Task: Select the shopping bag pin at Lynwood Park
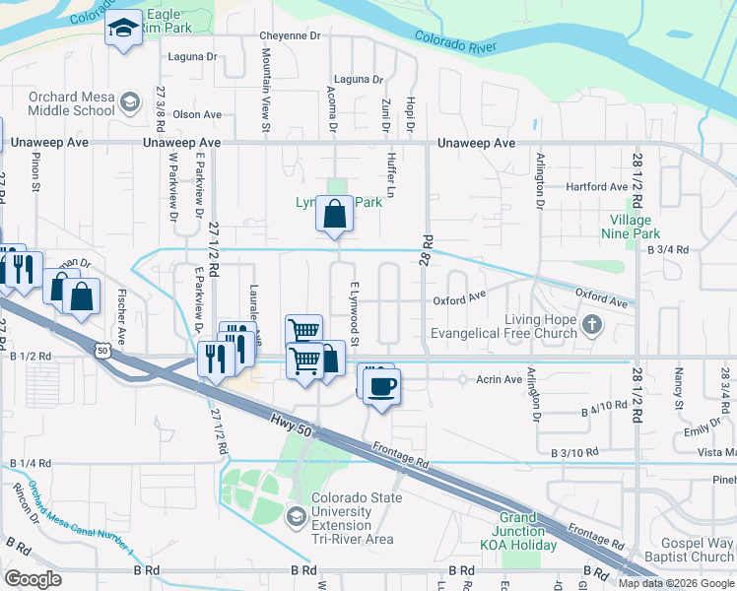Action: point(335,213)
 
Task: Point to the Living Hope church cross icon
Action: point(591,325)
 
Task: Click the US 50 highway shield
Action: point(104,349)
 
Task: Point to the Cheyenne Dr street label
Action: point(291,35)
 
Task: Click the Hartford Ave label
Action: point(598,186)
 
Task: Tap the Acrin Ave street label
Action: point(499,379)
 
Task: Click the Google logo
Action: point(33,578)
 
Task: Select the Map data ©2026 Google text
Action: point(676,583)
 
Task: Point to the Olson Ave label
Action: point(198,114)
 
